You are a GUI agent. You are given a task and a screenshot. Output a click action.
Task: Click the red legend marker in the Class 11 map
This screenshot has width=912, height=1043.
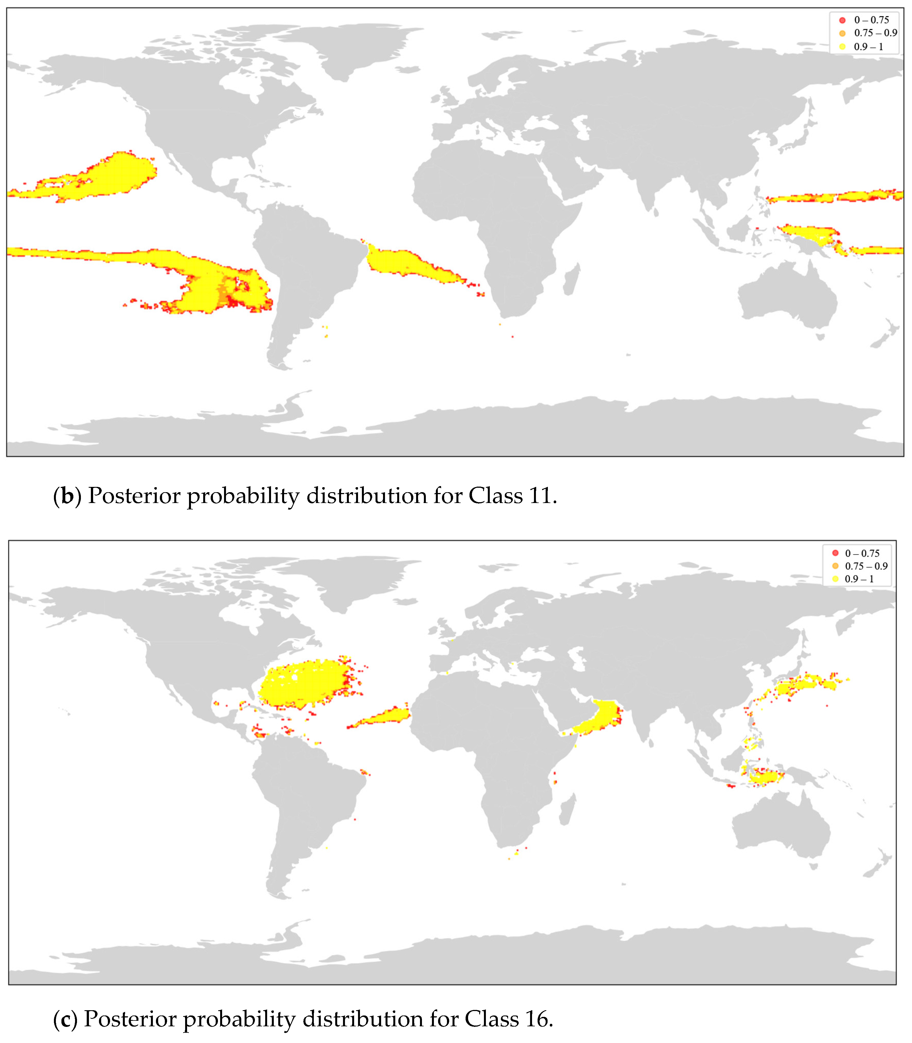click(x=842, y=20)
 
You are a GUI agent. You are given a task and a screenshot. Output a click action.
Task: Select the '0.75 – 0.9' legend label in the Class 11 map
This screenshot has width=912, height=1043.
click(x=875, y=33)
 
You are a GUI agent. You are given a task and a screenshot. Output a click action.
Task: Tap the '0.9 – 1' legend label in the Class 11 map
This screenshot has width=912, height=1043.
click(x=868, y=47)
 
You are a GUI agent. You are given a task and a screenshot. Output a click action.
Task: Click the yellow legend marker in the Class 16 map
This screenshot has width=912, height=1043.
click(x=835, y=579)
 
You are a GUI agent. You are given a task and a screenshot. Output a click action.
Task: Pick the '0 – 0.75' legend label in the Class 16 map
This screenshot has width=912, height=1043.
click(x=862, y=553)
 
